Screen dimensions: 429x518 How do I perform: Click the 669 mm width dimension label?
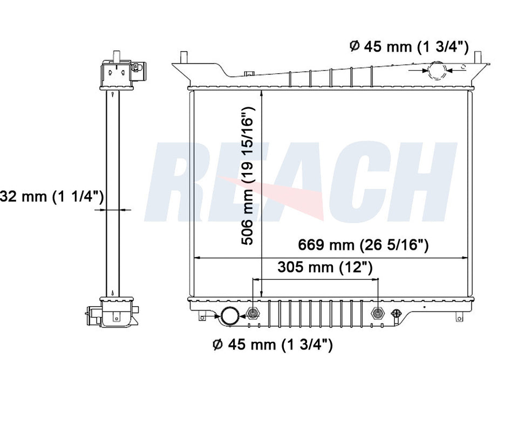(363, 245)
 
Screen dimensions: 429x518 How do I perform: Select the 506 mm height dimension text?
(248, 176)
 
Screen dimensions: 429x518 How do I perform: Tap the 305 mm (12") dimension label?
(325, 267)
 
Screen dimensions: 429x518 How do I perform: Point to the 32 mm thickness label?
(52, 197)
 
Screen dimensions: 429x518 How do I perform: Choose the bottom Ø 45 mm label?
(272, 345)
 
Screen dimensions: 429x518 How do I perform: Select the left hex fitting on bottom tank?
(252, 313)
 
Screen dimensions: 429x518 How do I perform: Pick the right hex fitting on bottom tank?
(378, 313)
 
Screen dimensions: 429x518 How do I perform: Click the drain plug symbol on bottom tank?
(397, 313)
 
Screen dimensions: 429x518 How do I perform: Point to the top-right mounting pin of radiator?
(478, 56)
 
